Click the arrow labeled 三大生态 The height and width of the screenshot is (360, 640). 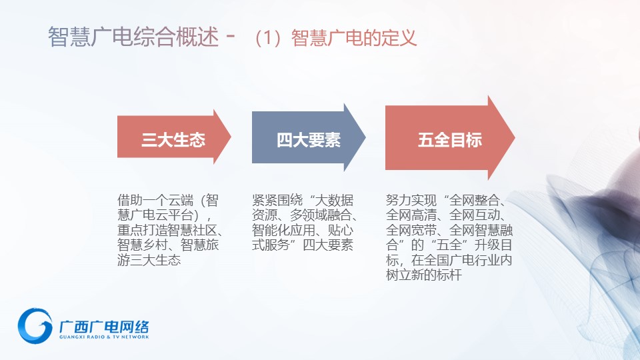(x=174, y=137)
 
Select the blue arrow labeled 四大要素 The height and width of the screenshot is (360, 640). (x=308, y=137)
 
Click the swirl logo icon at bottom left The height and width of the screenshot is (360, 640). (x=35, y=325)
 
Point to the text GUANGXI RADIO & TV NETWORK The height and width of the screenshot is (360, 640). (x=104, y=337)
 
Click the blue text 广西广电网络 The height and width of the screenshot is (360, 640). (x=104, y=327)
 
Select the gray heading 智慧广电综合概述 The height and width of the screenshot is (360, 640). (x=133, y=37)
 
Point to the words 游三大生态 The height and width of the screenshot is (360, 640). (x=149, y=260)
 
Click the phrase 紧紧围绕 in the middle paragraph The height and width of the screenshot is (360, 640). (x=277, y=200)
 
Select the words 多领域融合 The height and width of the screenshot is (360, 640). (x=321, y=215)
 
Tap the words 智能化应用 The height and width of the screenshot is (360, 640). (x=283, y=230)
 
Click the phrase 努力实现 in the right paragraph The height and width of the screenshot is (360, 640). (x=411, y=200)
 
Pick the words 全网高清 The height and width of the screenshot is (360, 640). (x=411, y=215)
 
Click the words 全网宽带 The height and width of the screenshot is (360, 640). (x=411, y=230)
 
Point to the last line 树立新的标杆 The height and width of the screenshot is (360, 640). (x=424, y=275)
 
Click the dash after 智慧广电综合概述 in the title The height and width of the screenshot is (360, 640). (x=231, y=36)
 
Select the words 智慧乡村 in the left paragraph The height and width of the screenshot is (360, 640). (x=143, y=245)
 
